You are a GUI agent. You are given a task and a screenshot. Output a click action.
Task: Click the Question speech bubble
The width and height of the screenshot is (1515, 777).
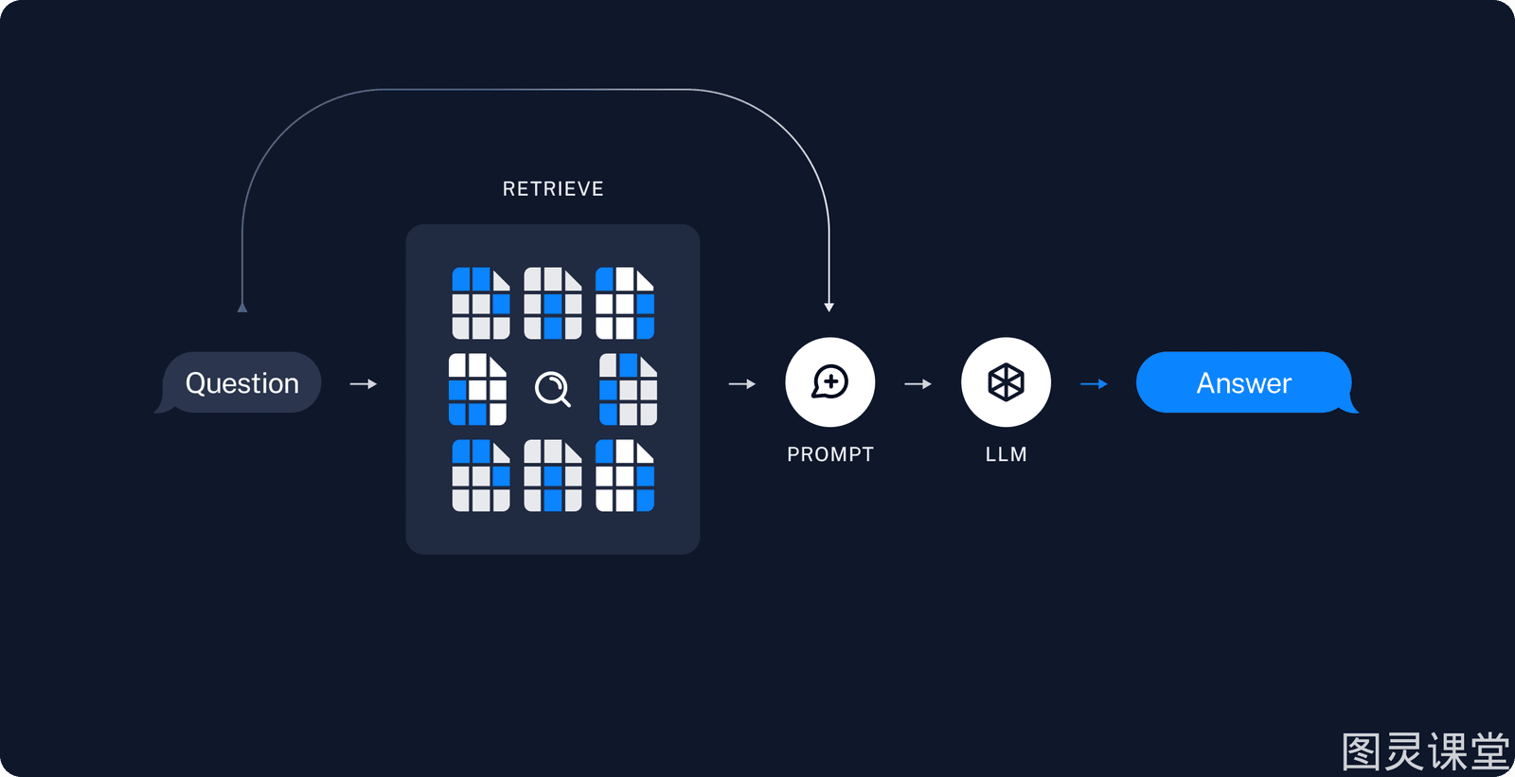pyautogui.click(x=241, y=382)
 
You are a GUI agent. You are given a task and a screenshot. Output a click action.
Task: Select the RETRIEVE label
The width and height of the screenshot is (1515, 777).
pyautogui.click(x=553, y=188)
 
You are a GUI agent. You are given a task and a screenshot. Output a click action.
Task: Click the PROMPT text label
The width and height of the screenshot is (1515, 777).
pyautogui.click(x=829, y=454)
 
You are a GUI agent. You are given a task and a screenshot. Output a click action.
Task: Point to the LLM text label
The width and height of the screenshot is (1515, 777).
pyautogui.click(x=1006, y=454)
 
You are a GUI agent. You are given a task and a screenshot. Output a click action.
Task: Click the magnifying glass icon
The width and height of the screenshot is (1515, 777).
pyautogui.click(x=553, y=389)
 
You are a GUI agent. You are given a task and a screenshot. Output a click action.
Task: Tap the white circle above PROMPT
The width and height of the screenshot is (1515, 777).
pyautogui.click(x=829, y=382)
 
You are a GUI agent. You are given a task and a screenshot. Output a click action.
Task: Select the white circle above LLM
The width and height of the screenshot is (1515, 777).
pyautogui.click(x=1006, y=382)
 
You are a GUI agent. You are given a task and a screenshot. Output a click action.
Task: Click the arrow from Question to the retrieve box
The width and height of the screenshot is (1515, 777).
pyautogui.click(x=364, y=384)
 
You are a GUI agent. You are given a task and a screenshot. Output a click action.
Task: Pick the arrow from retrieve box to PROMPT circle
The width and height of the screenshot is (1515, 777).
pyautogui.click(x=742, y=384)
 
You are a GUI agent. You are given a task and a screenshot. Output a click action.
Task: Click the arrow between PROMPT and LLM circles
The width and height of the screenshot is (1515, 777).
pyautogui.click(x=918, y=384)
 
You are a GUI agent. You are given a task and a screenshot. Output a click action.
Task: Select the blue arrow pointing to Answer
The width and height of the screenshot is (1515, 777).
pyautogui.click(x=1094, y=384)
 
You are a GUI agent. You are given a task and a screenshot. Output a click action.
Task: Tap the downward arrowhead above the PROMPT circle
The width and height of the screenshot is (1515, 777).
pyautogui.click(x=829, y=308)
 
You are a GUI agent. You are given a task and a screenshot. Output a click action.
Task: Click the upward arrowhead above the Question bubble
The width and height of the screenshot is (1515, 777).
pyautogui.click(x=242, y=308)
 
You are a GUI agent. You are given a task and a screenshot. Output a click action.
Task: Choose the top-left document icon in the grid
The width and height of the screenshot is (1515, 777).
pyautogui.click(x=481, y=303)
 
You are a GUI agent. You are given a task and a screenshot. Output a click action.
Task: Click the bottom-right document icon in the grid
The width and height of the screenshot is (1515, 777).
pyautogui.click(x=625, y=475)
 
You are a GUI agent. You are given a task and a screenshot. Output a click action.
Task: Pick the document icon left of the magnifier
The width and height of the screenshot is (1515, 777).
pyautogui.click(x=477, y=390)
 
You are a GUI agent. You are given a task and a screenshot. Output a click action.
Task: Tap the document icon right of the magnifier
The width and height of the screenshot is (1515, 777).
pyautogui.click(x=629, y=390)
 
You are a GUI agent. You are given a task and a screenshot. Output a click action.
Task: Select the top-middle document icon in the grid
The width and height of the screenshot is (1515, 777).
pyautogui.click(x=553, y=303)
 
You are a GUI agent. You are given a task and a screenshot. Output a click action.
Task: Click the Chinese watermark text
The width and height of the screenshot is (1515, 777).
pyautogui.click(x=1426, y=751)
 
